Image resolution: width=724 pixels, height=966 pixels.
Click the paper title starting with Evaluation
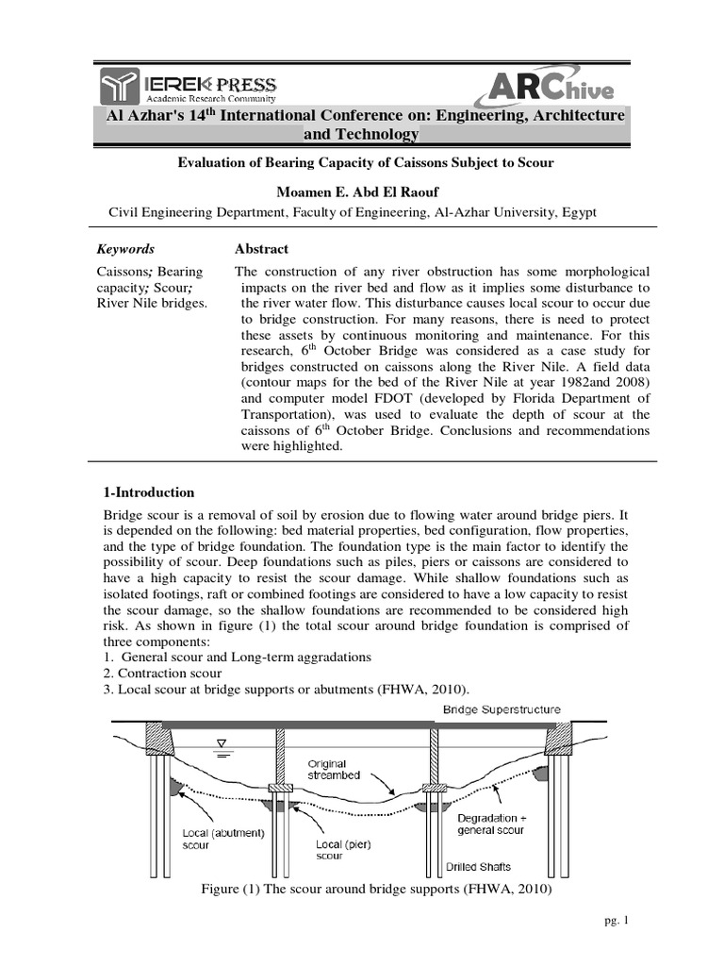(366, 162)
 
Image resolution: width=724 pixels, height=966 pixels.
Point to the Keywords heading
(126, 249)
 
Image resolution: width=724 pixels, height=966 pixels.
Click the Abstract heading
(261, 249)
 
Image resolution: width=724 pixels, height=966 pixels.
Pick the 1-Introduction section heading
(147, 492)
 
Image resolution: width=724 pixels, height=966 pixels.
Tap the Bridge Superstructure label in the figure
(512, 709)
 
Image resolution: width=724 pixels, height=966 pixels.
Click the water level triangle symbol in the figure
(224, 742)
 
